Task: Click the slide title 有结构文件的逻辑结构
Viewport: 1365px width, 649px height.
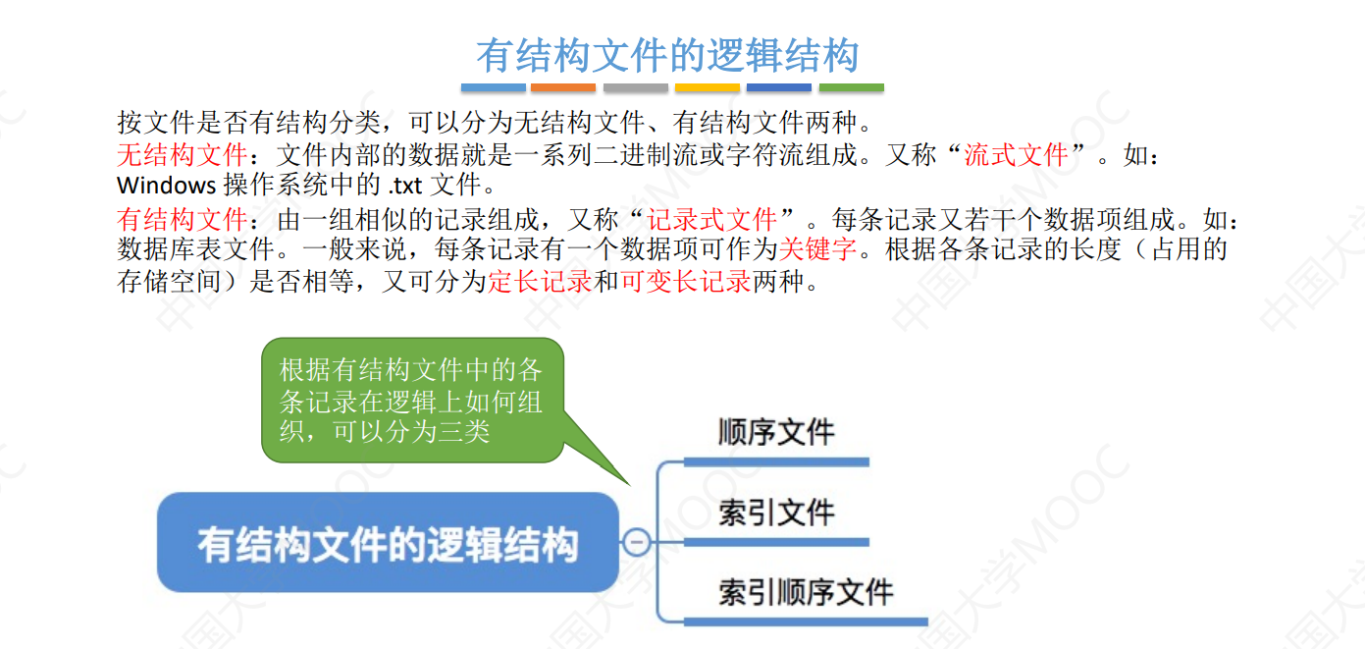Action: [x=667, y=55]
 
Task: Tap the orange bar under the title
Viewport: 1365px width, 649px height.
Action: [x=563, y=88]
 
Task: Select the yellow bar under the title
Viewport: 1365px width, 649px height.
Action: [x=707, y=88]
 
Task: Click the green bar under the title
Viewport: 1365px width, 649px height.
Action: [x=851, y=88]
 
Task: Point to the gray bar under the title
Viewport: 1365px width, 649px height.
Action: [x=635, y=88]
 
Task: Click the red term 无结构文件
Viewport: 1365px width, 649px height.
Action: [x=182, y=154]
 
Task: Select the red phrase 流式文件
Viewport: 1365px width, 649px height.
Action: [x=1016, y=154]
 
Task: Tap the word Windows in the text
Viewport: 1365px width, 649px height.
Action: [x=166, y=185]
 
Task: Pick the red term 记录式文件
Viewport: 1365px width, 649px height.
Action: [x=712, y=219]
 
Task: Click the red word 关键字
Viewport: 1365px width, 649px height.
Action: [x=818, y=249]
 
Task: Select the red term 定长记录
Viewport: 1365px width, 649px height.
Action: [x=540, y=282]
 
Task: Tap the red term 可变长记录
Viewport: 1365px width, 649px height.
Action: [x=686, y=282]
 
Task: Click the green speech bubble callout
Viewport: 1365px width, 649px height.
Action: [x=412, y=400]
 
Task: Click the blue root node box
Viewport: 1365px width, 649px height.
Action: [x=389, y=542]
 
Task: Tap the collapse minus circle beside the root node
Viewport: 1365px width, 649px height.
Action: [x=637, y=541]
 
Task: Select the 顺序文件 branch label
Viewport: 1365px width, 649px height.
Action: [x=775, y=432]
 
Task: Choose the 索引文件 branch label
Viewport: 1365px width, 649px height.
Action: [x=775, y=513]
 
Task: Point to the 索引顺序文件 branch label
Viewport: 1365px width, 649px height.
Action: [x=805, y=592]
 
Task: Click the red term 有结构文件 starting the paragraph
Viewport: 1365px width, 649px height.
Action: [x=182, y=219]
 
